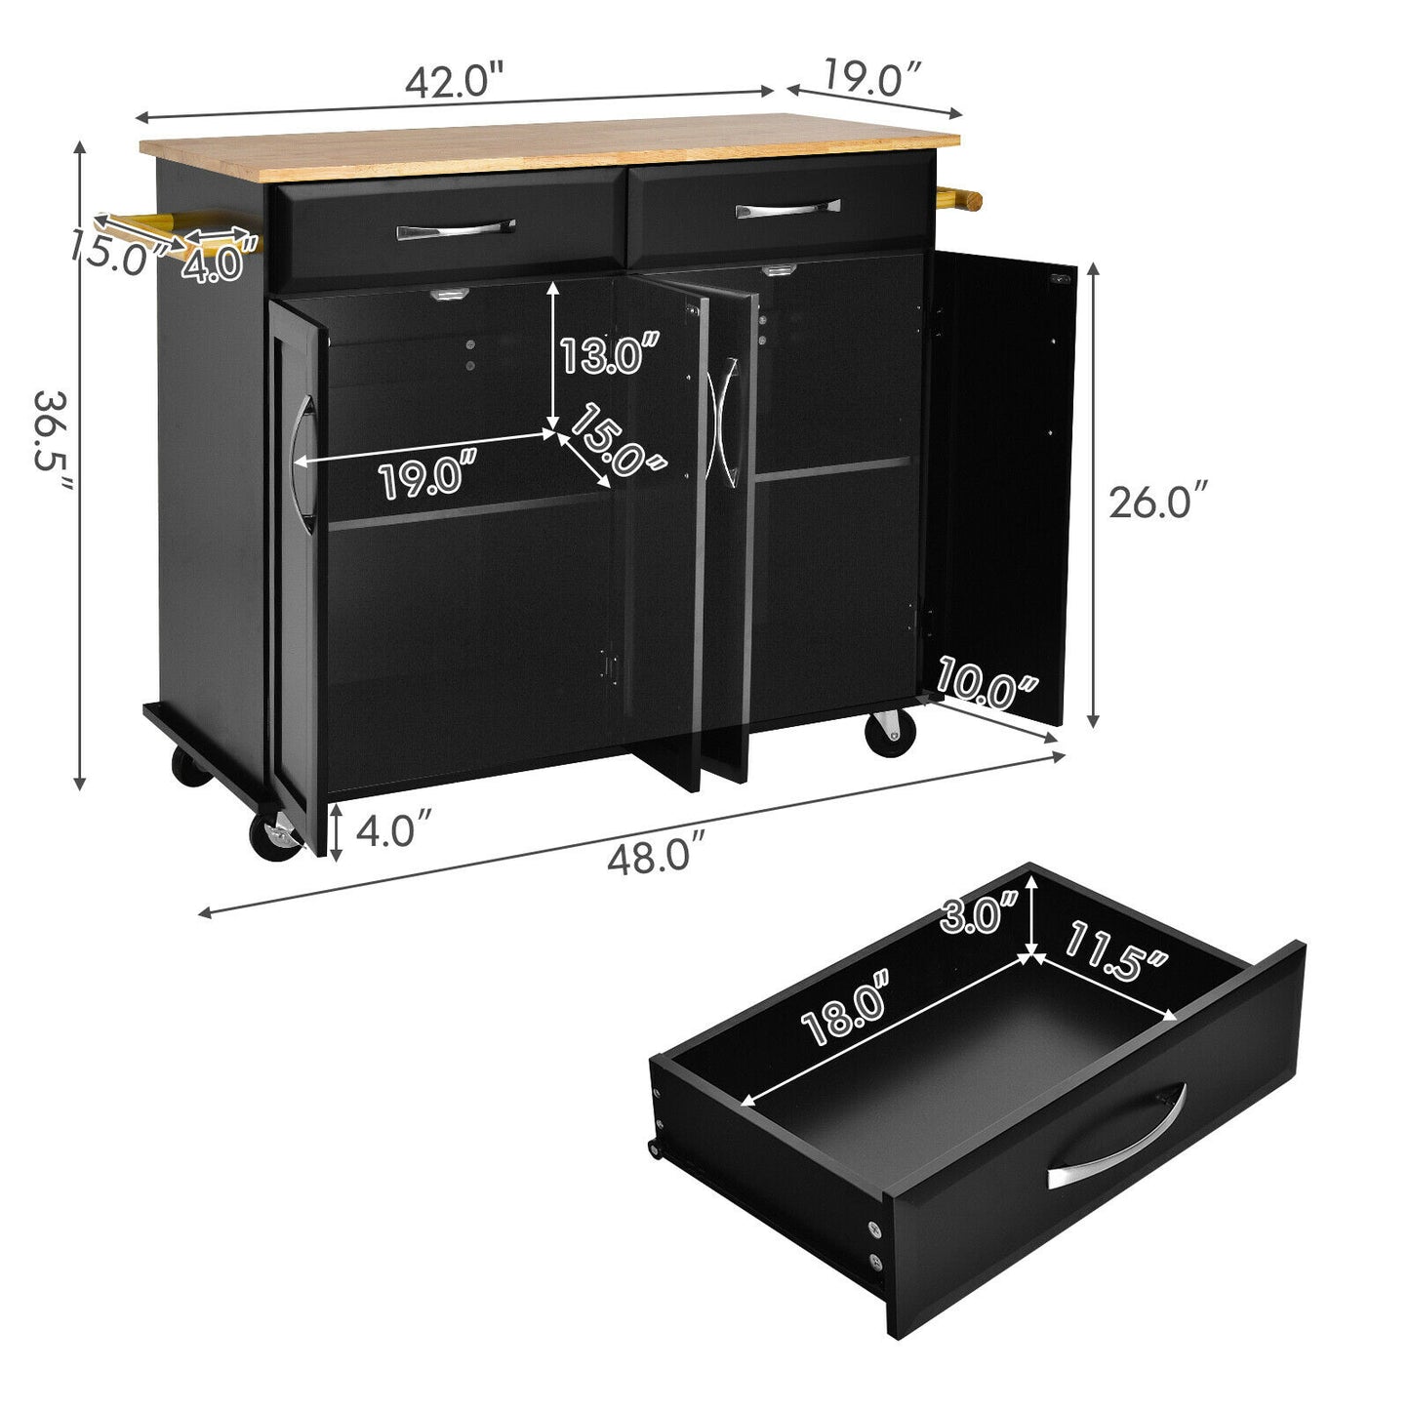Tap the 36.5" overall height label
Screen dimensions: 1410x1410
coord(53,440)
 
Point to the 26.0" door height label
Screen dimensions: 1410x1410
coord(1155,501)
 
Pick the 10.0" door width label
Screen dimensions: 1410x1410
coord(986,683)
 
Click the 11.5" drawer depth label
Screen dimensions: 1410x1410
coord(1115,949)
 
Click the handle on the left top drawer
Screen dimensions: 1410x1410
coord(455,229)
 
